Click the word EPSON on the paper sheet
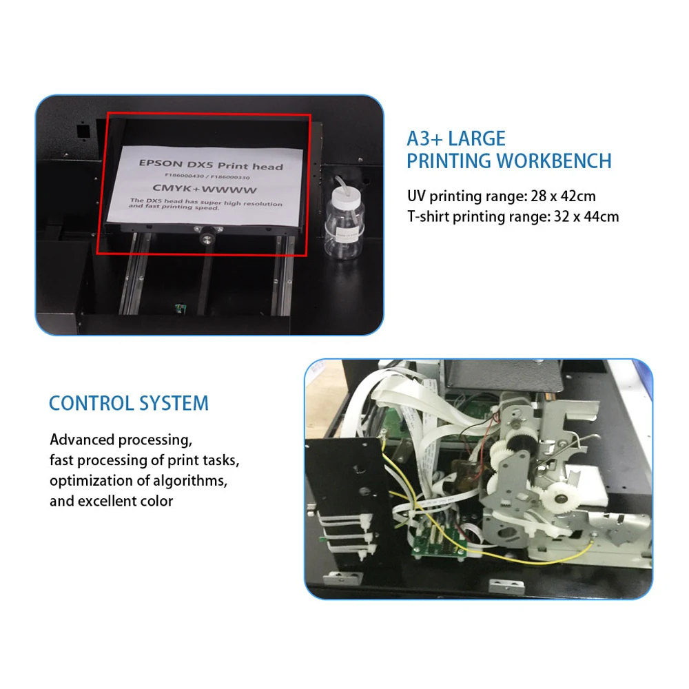160,164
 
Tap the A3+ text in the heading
424,138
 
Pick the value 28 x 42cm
563,196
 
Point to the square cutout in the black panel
83,130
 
